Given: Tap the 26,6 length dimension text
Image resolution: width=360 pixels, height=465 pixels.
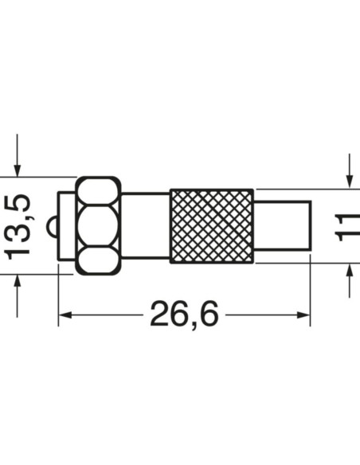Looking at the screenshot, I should click(x=184, y=315).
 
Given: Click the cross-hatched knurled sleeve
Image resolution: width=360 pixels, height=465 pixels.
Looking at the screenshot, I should click(x=212, y=225).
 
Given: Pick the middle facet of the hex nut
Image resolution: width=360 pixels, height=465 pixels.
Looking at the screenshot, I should click(x=98, y=225).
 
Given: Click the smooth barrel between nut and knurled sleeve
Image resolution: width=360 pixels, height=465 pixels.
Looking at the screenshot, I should click(x=145, y=225).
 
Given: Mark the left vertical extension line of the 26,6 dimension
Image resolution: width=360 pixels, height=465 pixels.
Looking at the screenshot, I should click(x=58, y=295).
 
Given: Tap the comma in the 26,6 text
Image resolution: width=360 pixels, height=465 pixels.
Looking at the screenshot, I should click(x=184, y=325).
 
